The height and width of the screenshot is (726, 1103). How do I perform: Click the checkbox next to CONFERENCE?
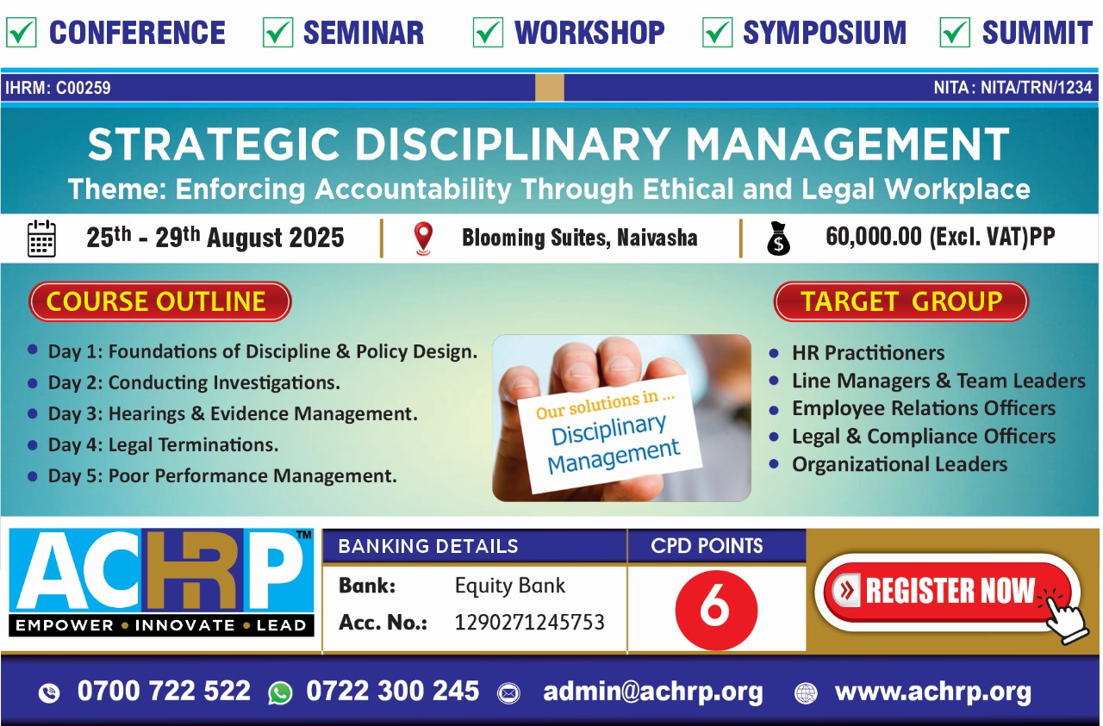pyautogui.click(x=22, y=33)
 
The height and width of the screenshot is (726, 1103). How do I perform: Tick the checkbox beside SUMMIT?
pyautogui.click(x=955, y=33)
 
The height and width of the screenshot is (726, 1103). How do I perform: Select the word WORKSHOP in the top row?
pyautogui.click(x=589, y=33)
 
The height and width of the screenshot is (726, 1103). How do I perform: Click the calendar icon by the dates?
pyautogui.click(x=41, y=239)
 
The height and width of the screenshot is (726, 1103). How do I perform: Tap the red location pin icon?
pyautogui.click(x=423, y=239)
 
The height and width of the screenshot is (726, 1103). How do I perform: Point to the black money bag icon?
pyautogui.click(x=778, y=239)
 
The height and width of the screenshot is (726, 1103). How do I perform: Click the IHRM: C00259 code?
pyautogui.click(x=58, y=88)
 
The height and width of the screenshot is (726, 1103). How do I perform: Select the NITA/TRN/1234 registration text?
pyautogui.click(x=1037, y=88)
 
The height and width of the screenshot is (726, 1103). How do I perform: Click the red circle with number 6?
pyautogui.click(x=716, y=610)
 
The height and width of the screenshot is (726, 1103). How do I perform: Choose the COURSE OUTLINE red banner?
pyautogui.click(x=160, y=301)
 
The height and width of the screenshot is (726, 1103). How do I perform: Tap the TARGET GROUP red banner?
pyautogui.click(x=901, y=301)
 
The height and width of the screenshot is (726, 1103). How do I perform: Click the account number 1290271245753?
pyautogui.click(x=529, y=623)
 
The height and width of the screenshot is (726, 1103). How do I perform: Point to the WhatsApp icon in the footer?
pyautogui.click(x=280, y=693)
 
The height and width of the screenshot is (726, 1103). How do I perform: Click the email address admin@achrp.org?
pyautogui.click(x=653, y=692)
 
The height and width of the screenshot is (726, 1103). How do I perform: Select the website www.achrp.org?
pyautogui.click(x=933, y=692)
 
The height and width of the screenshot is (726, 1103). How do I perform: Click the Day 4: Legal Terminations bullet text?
pyautogui.click(x=164, y=445)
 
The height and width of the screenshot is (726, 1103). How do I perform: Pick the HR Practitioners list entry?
pyautogui.click(x=868, y=353)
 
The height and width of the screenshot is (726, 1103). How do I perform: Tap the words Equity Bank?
pyautogui.click(x=510, y=586)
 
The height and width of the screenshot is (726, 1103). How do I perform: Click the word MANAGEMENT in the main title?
pyautogui.click(x=847, y=144)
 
